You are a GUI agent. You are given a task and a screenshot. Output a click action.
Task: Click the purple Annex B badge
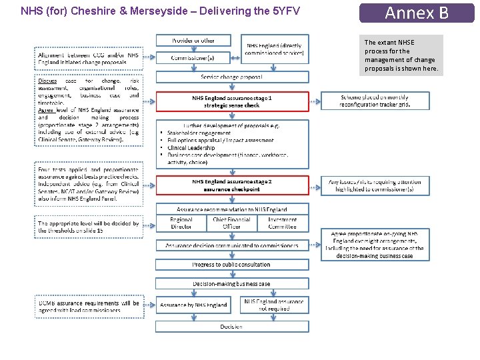tap(417, 13)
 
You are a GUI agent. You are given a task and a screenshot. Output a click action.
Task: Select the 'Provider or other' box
tap(193, 41)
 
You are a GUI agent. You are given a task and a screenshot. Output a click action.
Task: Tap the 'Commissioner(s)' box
tap(193, 58)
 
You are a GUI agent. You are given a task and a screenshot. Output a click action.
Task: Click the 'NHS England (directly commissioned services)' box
tap(274, 49)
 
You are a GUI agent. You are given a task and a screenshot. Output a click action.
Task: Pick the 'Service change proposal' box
tap(232, 77)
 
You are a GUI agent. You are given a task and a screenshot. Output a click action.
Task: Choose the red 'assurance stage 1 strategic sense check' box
tap(232, 101)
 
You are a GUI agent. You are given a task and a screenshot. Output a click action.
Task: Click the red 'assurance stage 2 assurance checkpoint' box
tap(232, 185)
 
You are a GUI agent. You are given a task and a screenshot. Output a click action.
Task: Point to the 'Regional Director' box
tap(181, 223)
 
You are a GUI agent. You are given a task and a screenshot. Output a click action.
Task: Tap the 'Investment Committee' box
tap(283, 223)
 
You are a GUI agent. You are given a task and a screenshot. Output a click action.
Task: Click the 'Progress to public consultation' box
tap(232, 265)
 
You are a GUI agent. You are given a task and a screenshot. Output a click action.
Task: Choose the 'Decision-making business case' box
tap(232, 284)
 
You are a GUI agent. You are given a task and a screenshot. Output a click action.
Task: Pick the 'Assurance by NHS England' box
tap(193, 305)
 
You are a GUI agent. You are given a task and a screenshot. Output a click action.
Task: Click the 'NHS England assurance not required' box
tap(273, 305)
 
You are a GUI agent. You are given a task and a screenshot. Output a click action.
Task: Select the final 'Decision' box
tap(232, 327)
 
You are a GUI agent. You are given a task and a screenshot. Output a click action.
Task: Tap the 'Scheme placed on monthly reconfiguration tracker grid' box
tap(375, 101)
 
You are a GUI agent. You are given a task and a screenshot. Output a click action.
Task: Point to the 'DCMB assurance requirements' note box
tap(89, 307)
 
